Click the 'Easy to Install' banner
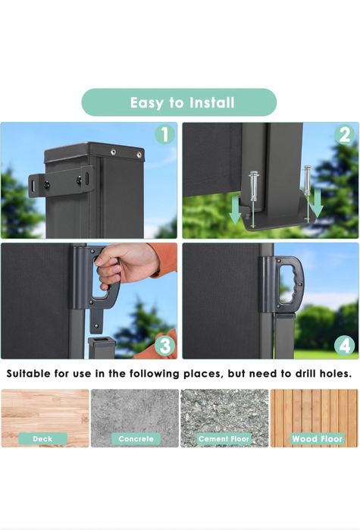[x=179, y=102]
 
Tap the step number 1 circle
[x=164, y=134]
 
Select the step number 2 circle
[x=345, y=134]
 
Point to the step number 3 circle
[x=164, y=346]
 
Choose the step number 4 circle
[x=345, y=346]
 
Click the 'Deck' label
[x=42, y=439]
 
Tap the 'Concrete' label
[x=136, y=439]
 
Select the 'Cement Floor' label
[x=224, y=439]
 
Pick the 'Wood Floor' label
[x=318, y=439]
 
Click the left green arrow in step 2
[x=235, y=212]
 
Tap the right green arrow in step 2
[x=317, y=202]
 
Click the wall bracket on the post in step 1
[x=61, y=181]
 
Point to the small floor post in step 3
[x=102, y=347]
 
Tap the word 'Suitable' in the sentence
[x=28, y=374]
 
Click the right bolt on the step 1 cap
[x=139, y=155]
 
